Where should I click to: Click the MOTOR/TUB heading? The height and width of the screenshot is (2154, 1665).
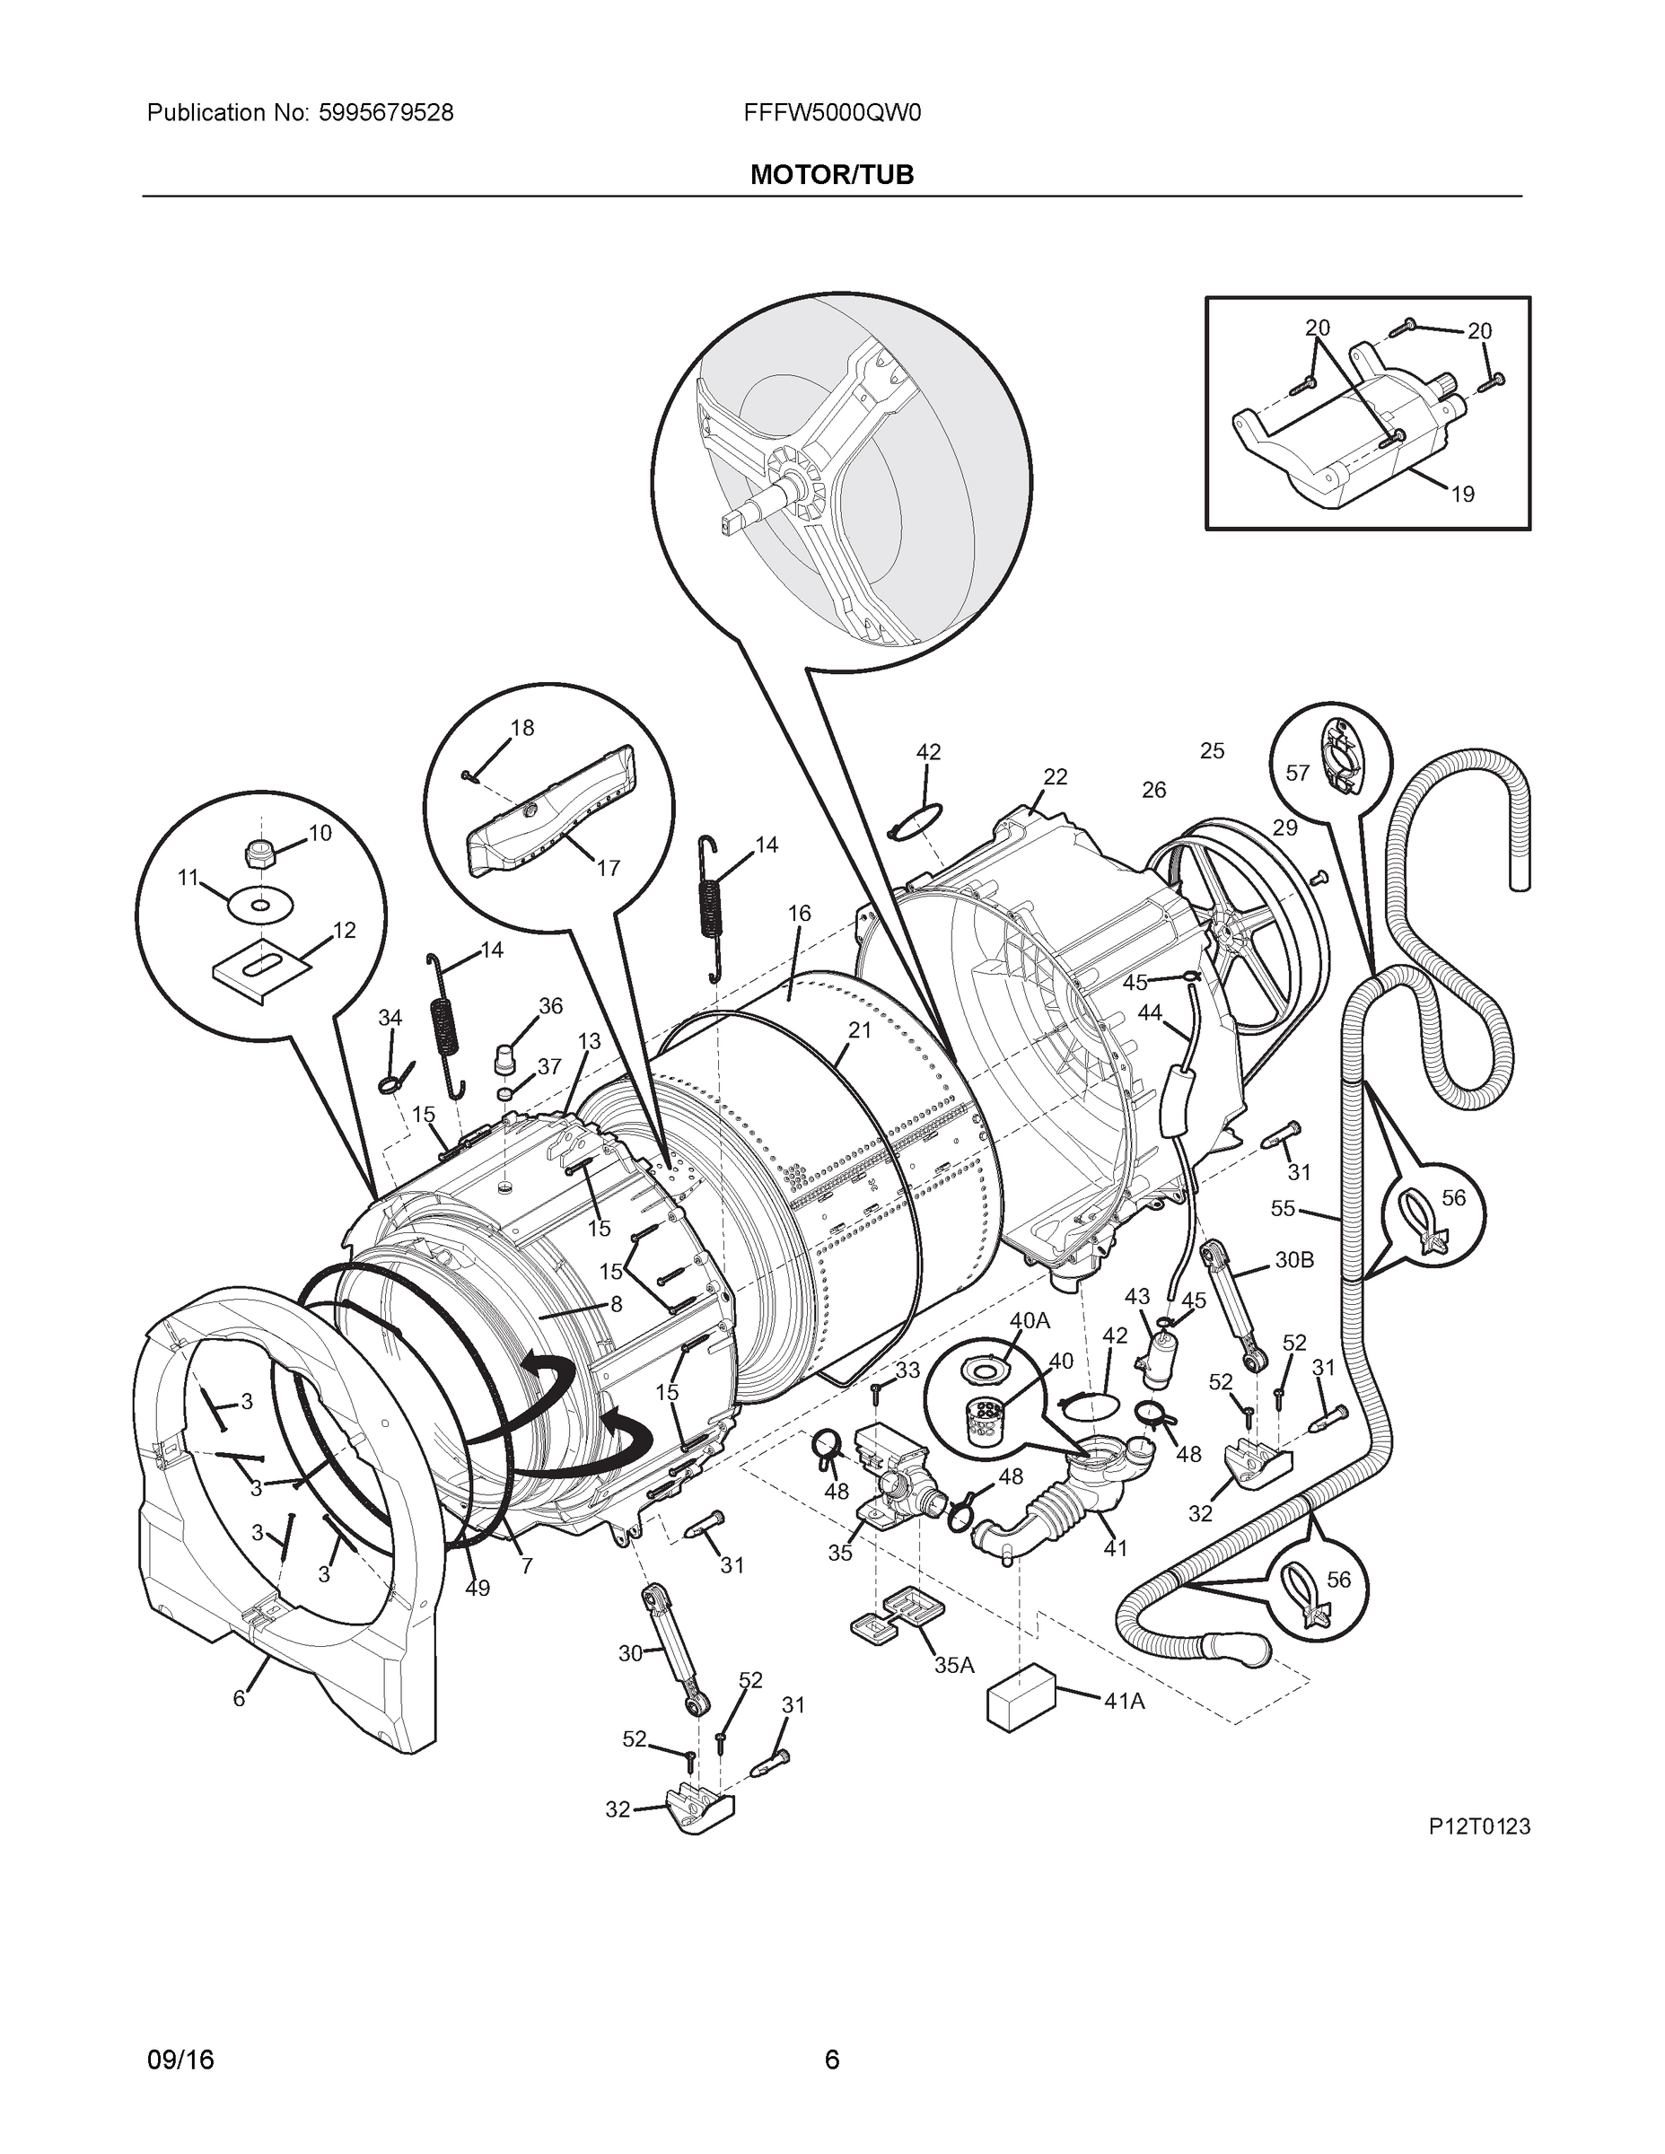pos(831,175)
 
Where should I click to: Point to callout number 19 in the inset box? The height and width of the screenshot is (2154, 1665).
pos(1463,495)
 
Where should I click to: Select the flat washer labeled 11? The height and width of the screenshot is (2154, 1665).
pos(259,905)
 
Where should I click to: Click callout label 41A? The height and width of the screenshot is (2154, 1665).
pos(1125,1702)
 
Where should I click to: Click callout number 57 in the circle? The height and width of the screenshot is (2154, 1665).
pos(1297,774)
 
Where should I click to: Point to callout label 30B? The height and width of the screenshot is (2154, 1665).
pos(1294,1259)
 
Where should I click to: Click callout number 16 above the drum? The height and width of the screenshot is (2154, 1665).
pos(799,914)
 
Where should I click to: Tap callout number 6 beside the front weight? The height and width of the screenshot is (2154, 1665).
pos(239,1699)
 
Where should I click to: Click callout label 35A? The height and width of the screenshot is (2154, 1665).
pos(954,1665)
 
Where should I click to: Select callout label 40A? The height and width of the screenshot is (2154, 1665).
pos(1029,1320)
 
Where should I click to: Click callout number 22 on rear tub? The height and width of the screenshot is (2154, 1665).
pos(1055,777)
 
